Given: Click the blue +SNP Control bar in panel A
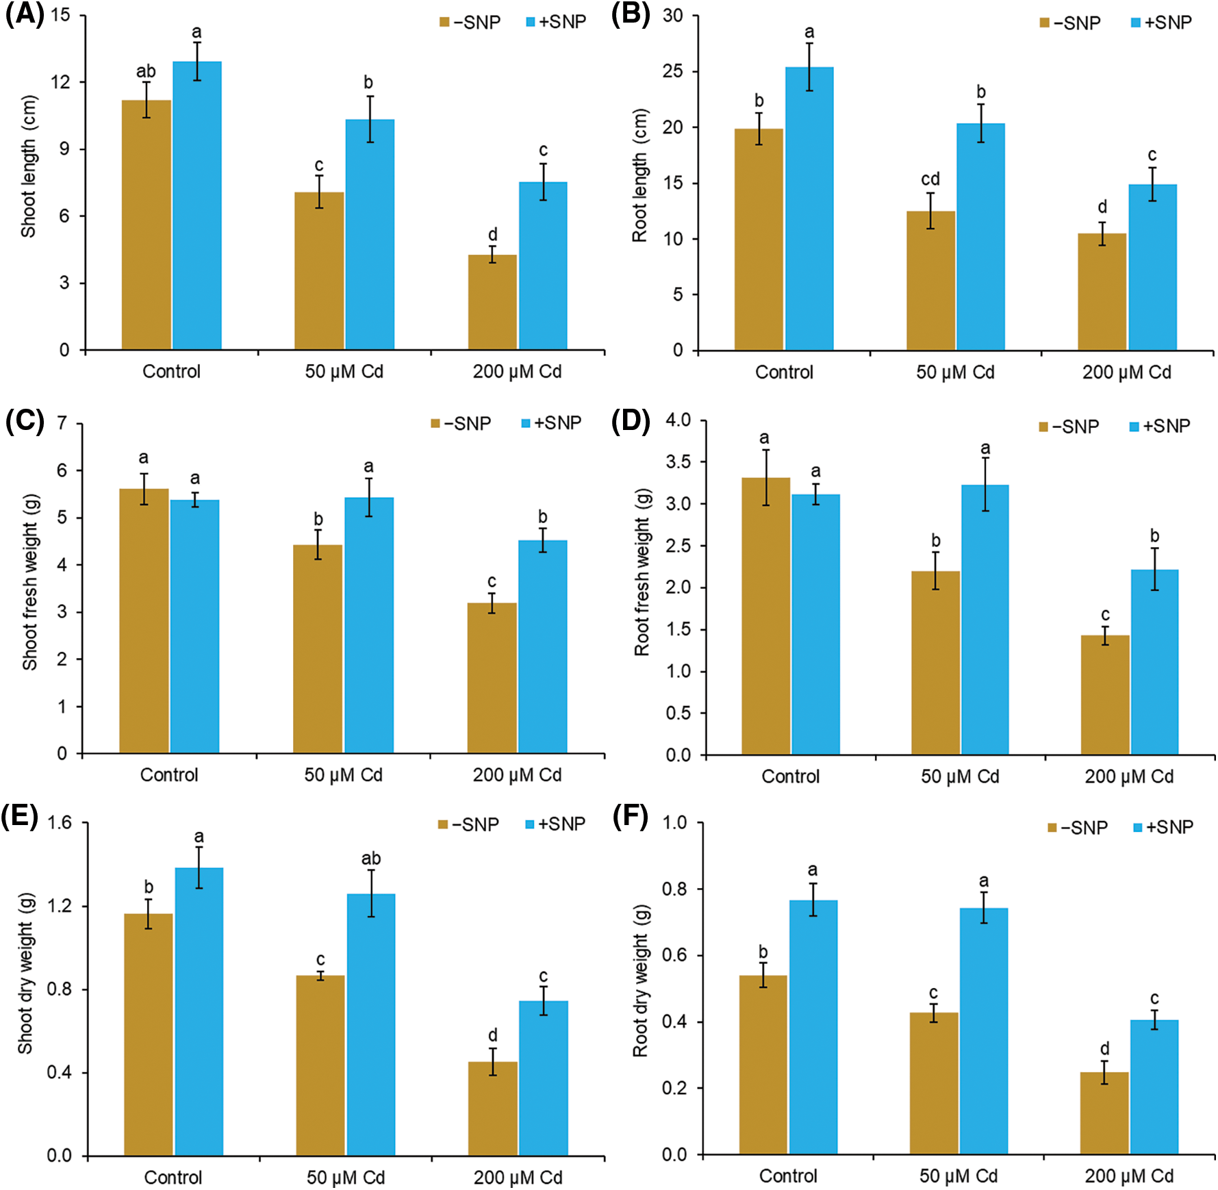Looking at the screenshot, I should pyautogui.click(x=197, y=205).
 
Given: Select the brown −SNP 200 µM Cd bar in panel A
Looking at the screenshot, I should pyautogui.click(x=492, y=302).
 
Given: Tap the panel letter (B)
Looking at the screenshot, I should pyautogui.click(x=631, y=14).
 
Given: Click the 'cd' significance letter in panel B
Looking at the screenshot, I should pyautogui.click(x=930, y=179).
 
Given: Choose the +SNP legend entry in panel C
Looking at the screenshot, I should pyautogui.click(x=552, y=423).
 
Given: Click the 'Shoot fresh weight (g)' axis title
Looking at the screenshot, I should pyautogui.click(x=30, y=582).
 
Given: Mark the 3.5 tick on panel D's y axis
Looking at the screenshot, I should pyautogui.click(x=678, y=461).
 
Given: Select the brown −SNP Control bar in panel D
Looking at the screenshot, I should pyautogui.click(x=765, y=616).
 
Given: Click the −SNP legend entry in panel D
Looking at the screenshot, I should pyautogui.click(x=1069, y=427).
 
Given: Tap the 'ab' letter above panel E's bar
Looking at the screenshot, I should pyautogui.click(x=371, y=859).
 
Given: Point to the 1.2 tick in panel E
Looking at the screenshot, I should pyautogui.click(x=60, y=906).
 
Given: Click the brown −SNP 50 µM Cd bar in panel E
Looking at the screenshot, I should pyautogui.click(x=320, y=1065).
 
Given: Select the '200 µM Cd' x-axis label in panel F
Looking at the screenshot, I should pyautogui.click(x=1129, y=1176).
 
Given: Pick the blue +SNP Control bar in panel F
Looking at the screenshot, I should pyautogui.click(x=813, y=1027).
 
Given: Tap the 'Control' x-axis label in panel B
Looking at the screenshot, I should pyautogui.click(x=784, y=372).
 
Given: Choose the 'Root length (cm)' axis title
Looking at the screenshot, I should pyautogui.click(x=640, y=175).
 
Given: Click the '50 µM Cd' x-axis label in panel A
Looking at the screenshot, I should pyautogui.click(x=344, y=372).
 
